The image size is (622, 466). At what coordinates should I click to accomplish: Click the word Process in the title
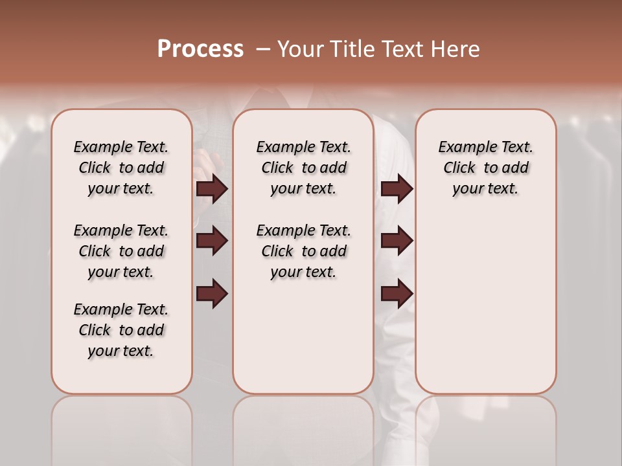tap(200, 49)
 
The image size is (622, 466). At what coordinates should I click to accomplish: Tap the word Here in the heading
tap(457, 49)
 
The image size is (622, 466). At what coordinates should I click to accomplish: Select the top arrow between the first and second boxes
tap(212, 189)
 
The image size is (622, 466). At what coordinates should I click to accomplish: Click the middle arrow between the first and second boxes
tap(212, 241)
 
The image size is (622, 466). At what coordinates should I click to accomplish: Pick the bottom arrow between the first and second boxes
tap(212, 293)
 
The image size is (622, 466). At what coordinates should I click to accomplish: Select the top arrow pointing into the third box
tap(397, 189)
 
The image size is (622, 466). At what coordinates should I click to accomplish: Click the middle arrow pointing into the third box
tap(397, 241)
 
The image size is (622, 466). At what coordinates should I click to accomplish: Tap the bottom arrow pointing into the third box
tap(397, 293)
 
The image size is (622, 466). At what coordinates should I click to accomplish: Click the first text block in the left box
tap(121, 168)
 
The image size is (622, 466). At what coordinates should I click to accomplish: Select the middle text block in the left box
tap(121, 251)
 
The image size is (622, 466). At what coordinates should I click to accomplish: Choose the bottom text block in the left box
tap(121, 330)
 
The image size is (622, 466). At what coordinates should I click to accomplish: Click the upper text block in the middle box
tap(303, 168)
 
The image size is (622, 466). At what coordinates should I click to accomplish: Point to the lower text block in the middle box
tap(303, 251)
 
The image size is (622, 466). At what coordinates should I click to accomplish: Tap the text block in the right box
tap(485, 168)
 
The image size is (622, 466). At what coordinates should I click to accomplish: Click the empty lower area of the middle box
tap(303, 337)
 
